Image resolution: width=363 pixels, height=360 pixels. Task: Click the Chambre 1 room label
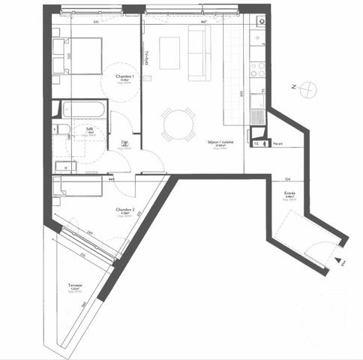[x=124, y=76]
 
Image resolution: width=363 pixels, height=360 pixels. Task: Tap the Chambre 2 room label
[x=124, y=209]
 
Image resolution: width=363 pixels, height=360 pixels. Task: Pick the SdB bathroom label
[x=89, y=129]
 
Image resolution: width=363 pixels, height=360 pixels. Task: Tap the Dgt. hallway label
[x=124, y=142]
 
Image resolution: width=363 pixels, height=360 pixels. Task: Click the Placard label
[x=277, y=142]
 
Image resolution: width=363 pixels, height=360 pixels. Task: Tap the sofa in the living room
[x=199, y=55]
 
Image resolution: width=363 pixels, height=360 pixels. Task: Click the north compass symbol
[x=305, y=90]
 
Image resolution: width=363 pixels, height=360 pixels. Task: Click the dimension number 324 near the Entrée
[x=287, y=179]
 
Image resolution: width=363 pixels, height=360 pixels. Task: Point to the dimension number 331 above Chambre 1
[x=96, y=22]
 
